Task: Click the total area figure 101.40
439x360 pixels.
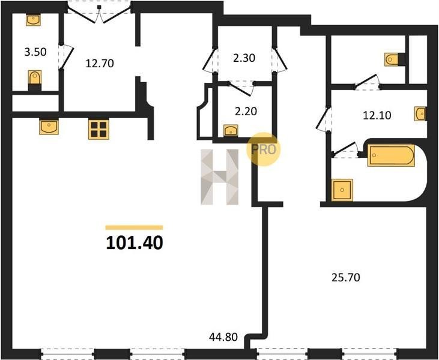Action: [x=135, y=242]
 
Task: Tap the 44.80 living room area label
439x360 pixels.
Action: [x=223, y=337]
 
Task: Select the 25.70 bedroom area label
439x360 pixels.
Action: [x=346, y=277]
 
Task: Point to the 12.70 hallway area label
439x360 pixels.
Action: [x=100, y=64]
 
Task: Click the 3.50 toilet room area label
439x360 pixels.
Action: [x=35, y=52]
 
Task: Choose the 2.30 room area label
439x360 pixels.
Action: [x=244, y=58]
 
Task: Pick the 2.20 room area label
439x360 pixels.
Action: [x=246, y=112]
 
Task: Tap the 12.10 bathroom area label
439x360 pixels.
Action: [x=377, y=115]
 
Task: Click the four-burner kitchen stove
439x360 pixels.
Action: [x=98, y=129]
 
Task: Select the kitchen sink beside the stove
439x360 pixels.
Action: [x=49, y=127]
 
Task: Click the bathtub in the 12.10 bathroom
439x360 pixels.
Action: [x=391, y=155]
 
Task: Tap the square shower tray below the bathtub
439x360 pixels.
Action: [x=342, y=190]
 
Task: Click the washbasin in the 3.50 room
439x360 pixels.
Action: [x=33, y=20]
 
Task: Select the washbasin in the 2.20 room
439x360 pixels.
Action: [x=231, y=130]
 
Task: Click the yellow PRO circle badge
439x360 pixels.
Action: [x=263, y=149]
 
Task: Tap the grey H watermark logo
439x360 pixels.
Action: [x=220, y=177]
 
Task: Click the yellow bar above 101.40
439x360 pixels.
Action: [x=134, y=227]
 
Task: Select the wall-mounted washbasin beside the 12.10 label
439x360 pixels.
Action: [x=420, y=114]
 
